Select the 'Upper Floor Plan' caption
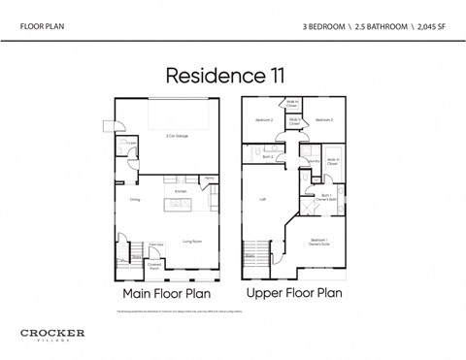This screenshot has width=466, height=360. coord(294,291)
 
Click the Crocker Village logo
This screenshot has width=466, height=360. coord(52,335)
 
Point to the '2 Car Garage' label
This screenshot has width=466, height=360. coord(178,136)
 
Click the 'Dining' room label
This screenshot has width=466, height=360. coord(135,199)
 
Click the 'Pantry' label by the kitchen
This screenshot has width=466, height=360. coord(209,178)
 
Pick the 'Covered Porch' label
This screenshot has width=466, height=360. coord(153,264)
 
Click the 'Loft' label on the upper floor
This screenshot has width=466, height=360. coord(263,199)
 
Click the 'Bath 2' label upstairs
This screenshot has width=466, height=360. coord(267,155)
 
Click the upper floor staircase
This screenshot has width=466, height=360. coord(256,251)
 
